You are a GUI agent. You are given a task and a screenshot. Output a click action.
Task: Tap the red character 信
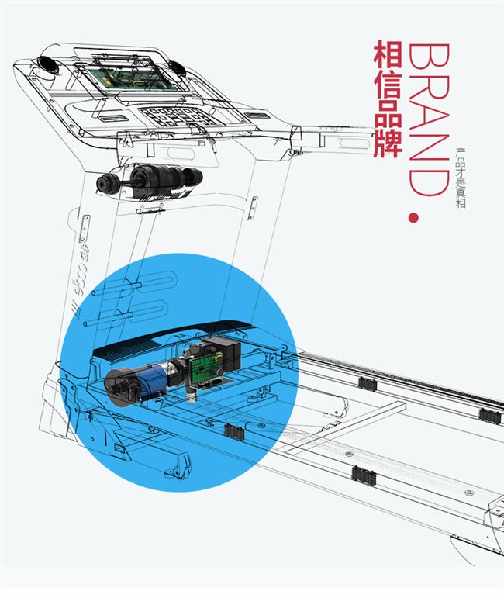(x=388, y=87)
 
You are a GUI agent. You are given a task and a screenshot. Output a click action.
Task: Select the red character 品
(x=388, y=117)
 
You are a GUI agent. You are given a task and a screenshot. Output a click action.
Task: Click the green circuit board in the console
(x=125, y=73)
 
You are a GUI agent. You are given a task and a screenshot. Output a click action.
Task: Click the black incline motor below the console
(x=152, y=179)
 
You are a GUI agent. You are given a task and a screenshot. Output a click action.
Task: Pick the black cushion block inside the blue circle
(x=233, y=430)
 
